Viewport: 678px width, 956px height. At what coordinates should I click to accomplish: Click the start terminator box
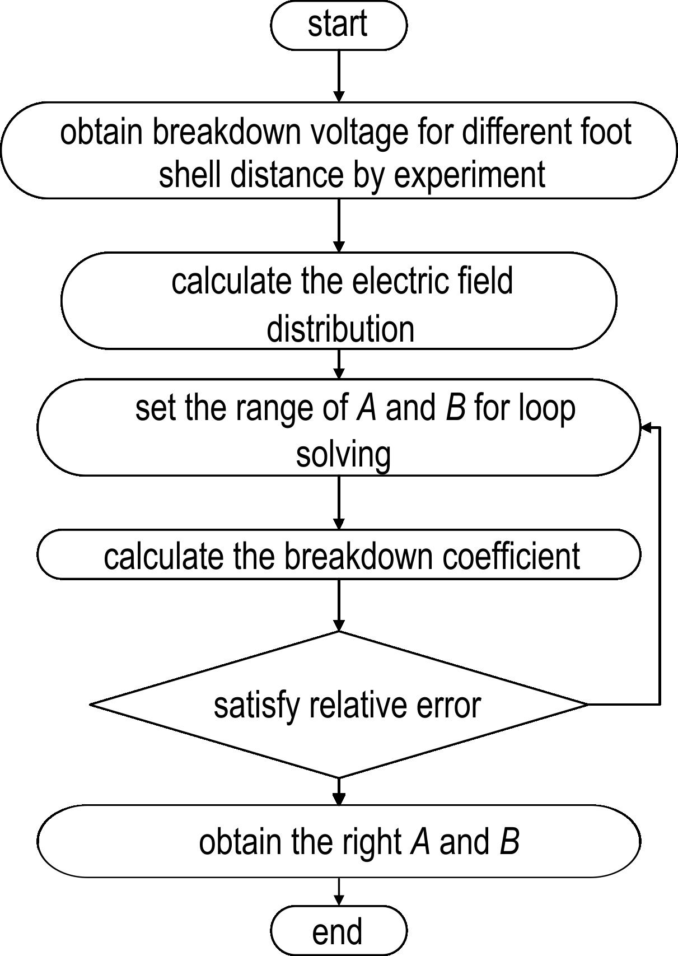point(339,25)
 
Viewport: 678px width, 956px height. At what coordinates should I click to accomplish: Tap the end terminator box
point(339,930)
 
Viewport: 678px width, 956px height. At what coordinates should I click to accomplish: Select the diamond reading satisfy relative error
point(339,704)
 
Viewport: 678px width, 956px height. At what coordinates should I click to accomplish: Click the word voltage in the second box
point(359,134)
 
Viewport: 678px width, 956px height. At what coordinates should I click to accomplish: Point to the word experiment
point(469,175)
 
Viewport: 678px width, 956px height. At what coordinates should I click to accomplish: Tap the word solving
point(344,455)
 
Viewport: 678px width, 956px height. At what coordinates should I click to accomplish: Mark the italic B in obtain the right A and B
point(509,842)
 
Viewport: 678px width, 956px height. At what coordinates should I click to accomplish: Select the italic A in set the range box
point(367,408)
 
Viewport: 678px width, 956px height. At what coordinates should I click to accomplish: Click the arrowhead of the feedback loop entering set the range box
point(645,427)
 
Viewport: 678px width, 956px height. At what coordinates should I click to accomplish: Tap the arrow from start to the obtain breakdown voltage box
point(339,76)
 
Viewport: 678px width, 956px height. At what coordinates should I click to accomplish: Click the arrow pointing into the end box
point(339,892)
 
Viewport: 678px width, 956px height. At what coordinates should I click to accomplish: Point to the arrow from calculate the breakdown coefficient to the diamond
point(339,605)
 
